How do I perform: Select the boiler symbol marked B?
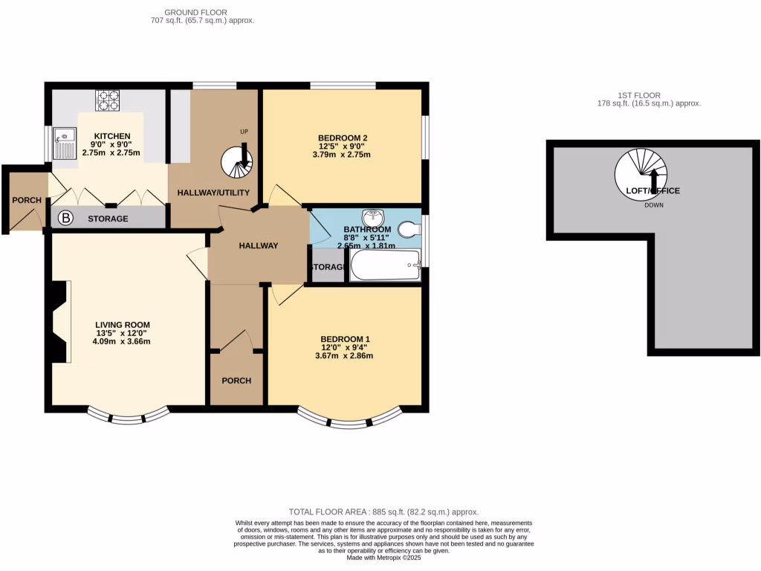[65, 219]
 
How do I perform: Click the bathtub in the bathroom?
[385, 265]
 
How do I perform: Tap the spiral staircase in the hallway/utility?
[238, 161]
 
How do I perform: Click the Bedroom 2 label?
[343, 138]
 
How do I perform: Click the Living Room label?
[123, 325]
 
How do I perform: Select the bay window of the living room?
[124, 416]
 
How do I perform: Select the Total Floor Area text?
[383, 512]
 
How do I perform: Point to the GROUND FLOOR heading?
[195, 13]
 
